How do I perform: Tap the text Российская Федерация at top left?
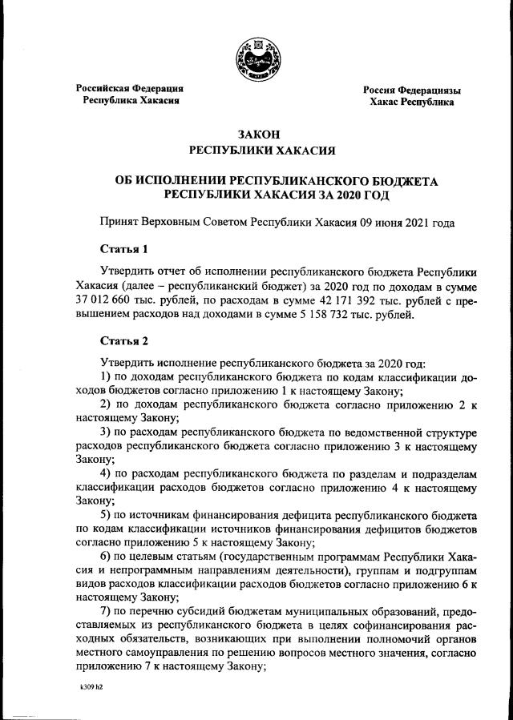130,88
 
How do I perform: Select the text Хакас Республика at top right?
411,103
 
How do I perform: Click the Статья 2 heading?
123,340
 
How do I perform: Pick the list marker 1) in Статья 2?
104,376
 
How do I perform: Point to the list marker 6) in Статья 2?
104,557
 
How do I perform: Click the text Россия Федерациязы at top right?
412,90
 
